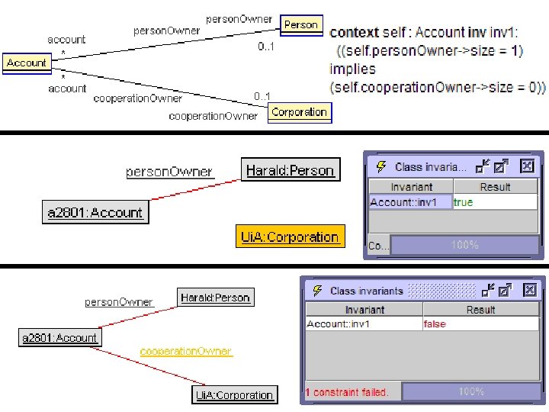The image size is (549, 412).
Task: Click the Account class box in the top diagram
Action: [27, 63]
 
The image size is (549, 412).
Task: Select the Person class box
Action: [300, 24]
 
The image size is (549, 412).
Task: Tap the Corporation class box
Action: [299, 112]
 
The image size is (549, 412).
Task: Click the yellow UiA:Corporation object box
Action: [289, 237]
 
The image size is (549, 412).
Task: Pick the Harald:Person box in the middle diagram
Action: [290, 170]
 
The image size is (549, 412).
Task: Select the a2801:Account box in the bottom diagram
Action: [59, 337]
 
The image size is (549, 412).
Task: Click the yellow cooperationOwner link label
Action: [185, 351]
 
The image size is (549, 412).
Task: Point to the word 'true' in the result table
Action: [463, 202]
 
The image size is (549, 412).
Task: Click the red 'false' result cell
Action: [435, 324]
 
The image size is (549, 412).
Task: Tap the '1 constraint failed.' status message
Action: [347, 392]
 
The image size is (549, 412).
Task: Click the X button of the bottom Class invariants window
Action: [528, 290]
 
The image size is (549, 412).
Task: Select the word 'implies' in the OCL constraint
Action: [352, 69]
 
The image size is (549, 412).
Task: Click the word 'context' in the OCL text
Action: [354, 33]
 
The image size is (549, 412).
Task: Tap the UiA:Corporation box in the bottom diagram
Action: [234, 394]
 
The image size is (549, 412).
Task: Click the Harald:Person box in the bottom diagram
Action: [215, 298]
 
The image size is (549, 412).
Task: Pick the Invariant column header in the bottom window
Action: [364, 310]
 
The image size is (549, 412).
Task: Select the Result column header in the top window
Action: [495, 187]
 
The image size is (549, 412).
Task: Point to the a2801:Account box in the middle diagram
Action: [95, 213]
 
